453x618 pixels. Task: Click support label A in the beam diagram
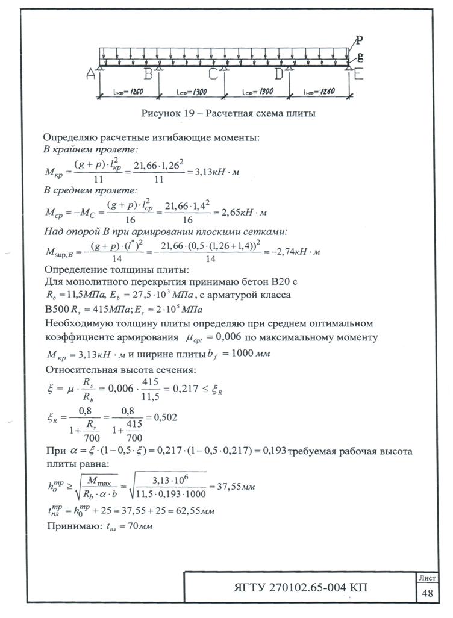coord(90,75)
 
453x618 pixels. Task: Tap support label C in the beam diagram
coord(213,74)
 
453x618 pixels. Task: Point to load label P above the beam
coord(359,41)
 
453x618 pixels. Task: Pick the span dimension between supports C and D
coord(257,92)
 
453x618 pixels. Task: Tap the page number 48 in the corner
coord(428,593)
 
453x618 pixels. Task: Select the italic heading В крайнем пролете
coord(91,148)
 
